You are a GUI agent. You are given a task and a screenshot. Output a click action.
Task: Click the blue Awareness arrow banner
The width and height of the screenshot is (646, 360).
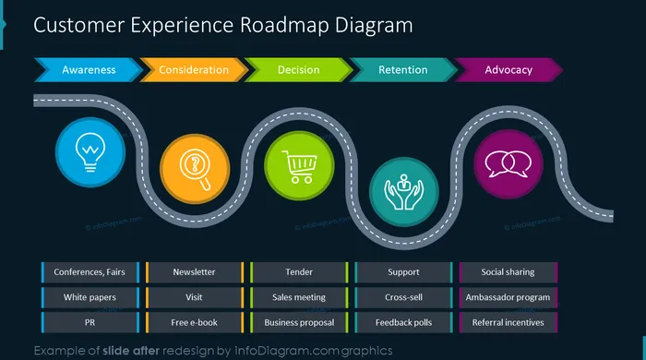[89, 69]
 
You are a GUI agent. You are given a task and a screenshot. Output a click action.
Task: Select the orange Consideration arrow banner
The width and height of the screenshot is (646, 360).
[194, 69]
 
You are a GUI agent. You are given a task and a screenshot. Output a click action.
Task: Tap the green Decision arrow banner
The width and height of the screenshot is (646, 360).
[298, 69]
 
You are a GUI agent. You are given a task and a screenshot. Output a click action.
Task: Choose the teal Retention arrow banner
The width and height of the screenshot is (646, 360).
[403, 69]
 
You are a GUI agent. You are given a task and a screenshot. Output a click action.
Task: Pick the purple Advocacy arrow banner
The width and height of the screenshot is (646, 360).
[508, 69]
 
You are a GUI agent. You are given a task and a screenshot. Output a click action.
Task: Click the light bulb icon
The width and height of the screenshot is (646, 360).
[90, 152]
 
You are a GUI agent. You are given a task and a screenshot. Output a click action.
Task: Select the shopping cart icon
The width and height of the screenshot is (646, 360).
[300, 166]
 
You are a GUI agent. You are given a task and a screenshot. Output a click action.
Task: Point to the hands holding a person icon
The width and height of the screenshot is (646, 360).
[404, 192]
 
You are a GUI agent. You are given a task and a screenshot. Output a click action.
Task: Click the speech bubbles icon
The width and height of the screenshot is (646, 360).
[508, 164]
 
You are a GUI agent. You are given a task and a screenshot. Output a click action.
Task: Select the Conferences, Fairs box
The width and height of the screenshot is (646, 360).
[90, 272]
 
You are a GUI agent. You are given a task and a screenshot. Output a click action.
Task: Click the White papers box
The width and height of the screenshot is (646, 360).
[90, 297]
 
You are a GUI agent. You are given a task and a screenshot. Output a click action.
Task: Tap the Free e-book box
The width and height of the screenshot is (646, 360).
[195, 322]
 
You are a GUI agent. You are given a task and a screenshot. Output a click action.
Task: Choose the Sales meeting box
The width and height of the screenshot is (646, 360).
[299, 297]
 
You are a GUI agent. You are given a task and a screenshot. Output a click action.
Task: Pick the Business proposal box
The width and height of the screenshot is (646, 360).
[299, 322]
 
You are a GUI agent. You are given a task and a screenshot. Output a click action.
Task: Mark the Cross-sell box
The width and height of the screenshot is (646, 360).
[404, 297]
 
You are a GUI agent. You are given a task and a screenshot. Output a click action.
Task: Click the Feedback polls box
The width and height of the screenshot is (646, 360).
[404, 322]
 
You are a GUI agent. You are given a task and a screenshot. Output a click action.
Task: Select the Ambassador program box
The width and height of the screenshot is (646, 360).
[508, 297]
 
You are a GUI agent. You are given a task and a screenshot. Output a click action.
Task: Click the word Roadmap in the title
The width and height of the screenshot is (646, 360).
[284, 26]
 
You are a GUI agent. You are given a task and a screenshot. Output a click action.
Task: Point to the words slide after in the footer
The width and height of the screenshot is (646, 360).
[131, 351]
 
